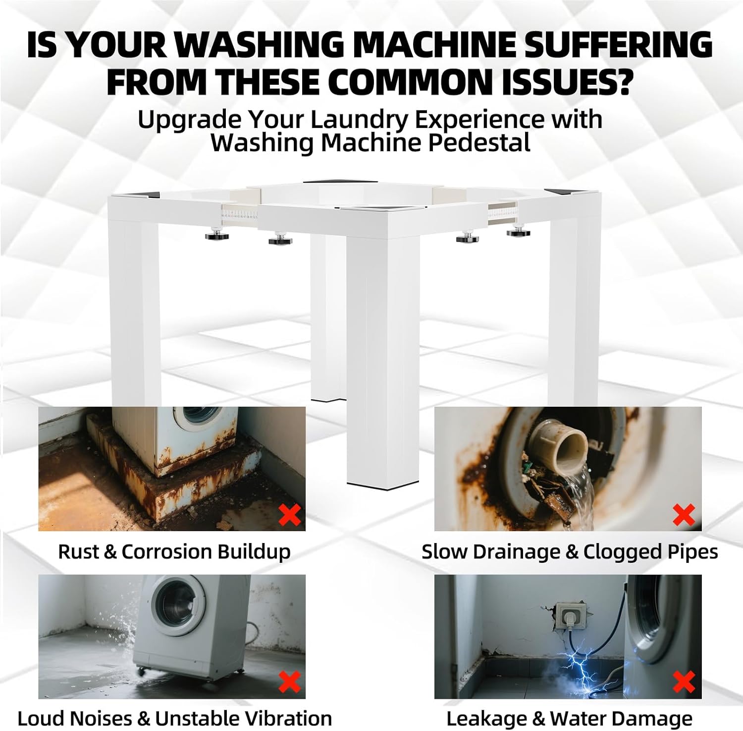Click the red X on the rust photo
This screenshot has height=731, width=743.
click(290, 514)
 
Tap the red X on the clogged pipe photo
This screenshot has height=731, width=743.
click(684, 514)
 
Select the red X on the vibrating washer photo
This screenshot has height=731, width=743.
click(290, 682)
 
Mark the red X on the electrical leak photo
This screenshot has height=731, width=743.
click(684, 682)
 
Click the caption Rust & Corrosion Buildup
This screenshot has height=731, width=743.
click(174, 551)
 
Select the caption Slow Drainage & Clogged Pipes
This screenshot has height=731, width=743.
click(570, 551)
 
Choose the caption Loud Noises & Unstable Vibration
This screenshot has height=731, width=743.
click(174, 718)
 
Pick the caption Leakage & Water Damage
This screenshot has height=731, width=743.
click(569, 718)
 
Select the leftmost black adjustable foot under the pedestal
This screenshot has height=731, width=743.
click(217, 233)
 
